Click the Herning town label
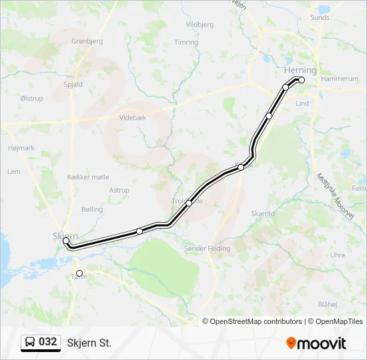(300, 70)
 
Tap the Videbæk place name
(132, 117)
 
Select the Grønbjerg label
(87, 41)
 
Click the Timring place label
(186, 42)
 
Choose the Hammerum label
(339, 79)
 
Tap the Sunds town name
(320, 18)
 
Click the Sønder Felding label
(207, 249)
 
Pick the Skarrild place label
(263, 213)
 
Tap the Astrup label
(119, 190)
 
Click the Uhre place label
(338, 255)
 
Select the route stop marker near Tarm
(79, 273)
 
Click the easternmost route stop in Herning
(302, 80)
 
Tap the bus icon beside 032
(30, 342)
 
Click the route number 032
(48, 342)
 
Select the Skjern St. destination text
(89, 343)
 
